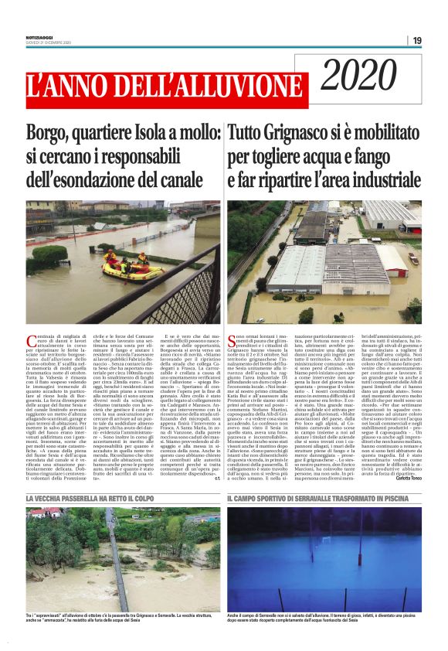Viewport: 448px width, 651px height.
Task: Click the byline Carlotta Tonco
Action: coord(406,460)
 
